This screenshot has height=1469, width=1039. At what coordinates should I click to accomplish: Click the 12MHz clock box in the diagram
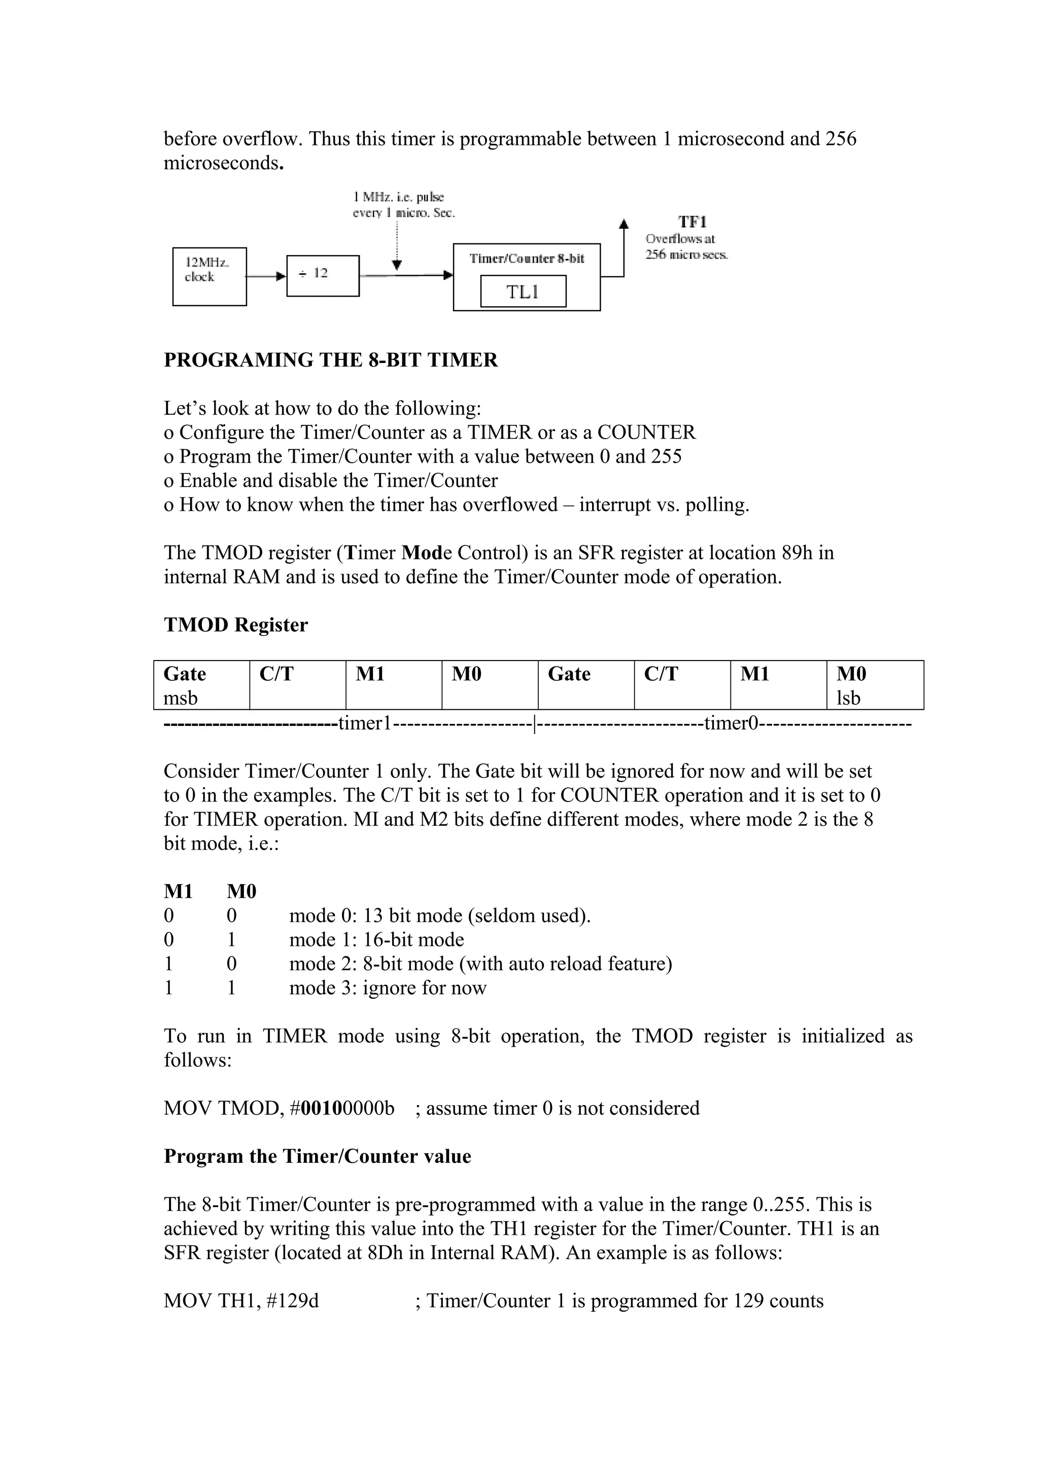[x=210, y=276]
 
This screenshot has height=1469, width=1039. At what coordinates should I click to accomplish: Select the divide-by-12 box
[x=323, y=275]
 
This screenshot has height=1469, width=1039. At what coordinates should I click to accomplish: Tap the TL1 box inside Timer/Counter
[x=523, y=292]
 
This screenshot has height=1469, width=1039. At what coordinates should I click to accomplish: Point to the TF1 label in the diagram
[x=692, y=222]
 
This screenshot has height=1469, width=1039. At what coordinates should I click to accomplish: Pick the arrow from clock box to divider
[x=266, y=276]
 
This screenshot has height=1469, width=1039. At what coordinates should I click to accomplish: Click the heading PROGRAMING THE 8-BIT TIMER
[x=330, y=360]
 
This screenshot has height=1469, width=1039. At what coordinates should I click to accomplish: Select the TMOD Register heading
[x=235, y=625]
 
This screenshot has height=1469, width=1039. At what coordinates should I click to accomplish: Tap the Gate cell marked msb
[x=201, y=685]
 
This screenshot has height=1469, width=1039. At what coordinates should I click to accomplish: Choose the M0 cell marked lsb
[x=875, y=685]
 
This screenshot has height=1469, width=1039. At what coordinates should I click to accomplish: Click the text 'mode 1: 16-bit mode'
[x=376, y=940]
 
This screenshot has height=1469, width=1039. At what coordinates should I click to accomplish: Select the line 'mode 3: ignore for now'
[x=388, y=988]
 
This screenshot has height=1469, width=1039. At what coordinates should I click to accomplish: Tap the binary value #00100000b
[x=342, y=1108]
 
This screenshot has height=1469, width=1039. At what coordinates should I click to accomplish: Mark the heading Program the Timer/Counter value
[x=318, y=1156]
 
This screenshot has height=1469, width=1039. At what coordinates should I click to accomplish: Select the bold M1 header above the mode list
[x=178, y=891]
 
